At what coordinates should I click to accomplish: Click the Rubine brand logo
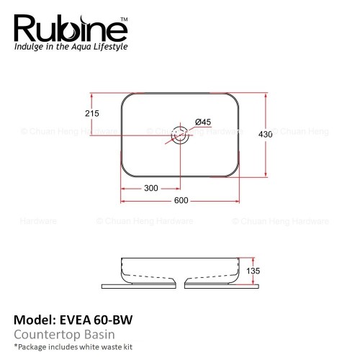[x=71, y=28]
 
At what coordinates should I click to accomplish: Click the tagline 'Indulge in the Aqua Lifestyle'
[x=71, y=46]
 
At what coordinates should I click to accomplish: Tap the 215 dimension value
[x=92, y=113]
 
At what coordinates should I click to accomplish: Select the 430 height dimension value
[x=265, y=134]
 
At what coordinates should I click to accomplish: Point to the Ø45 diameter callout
[x=203, y=122]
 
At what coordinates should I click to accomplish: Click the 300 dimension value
[x=151, y=188]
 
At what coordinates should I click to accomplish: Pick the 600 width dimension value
[x=181, y=200]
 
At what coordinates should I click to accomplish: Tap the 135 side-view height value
[x=253, y=271]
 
